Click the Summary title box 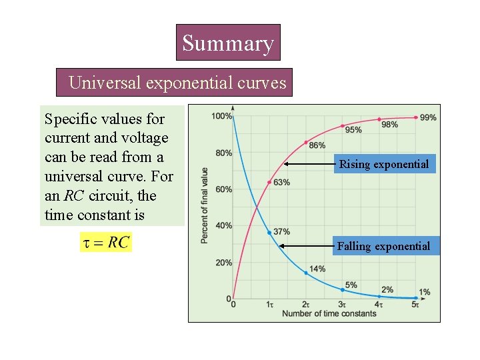point(228,43)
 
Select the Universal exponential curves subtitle point(177,83)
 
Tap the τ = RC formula point(106,242)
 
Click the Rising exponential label point(384,164)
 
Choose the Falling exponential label point(383,246)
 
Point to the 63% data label point(281,183)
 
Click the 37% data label point(281,231)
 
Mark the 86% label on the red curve point(317,145)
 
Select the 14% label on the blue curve point(317,269)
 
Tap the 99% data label point(429,117)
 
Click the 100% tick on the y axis point(222,117)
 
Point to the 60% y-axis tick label point(223,189)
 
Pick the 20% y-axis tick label point(223,263)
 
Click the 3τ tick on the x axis point(342,305)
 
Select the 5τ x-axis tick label point(415,305)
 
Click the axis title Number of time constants point(329,313)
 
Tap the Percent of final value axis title point(205,205)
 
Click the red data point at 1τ point(269,182)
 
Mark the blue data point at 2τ point(306,273)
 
